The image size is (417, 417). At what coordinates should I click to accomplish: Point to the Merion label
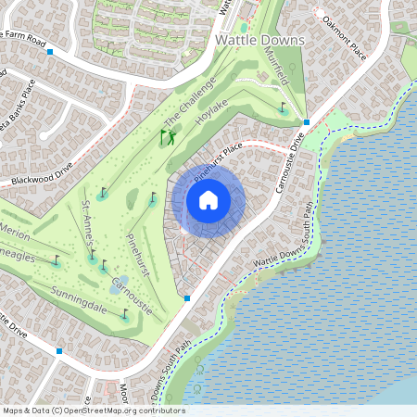[x=17, y=230]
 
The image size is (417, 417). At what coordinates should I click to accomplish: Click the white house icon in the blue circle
[x=208, y=200]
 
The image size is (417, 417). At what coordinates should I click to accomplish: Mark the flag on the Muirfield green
[x=283, y=107]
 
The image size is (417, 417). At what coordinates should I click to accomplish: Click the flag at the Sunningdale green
[x=125, y=313]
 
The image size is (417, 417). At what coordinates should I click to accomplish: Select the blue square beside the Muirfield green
[x=307, y=121]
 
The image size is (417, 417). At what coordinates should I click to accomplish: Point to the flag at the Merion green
[x=57, y=259]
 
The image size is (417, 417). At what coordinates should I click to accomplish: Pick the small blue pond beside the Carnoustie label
[x=114, y=288]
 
